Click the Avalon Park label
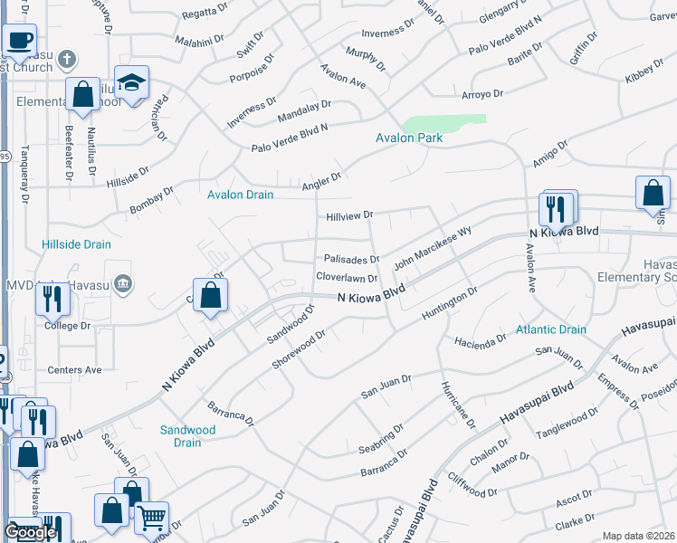click(x=410, y=138)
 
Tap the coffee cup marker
click(x=19, y=41)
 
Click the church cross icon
click(x=65, y=60)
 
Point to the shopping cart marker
click(x=152, y=518)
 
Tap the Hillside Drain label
click(x=76, y=244)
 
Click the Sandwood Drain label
click(x=187, y=436)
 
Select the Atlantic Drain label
click(x=552, y=330)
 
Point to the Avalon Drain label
click(x=241, y=195)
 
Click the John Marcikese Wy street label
click(x=433, y=245)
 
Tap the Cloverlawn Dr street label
click(x=346, y=277)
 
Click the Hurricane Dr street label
click(x=457, y=404)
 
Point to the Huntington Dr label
click(x=449, y=307)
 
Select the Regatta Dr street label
click(x=205, y=11)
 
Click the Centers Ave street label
click(x=75, y=370)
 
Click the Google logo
click(x=30, y=532)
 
